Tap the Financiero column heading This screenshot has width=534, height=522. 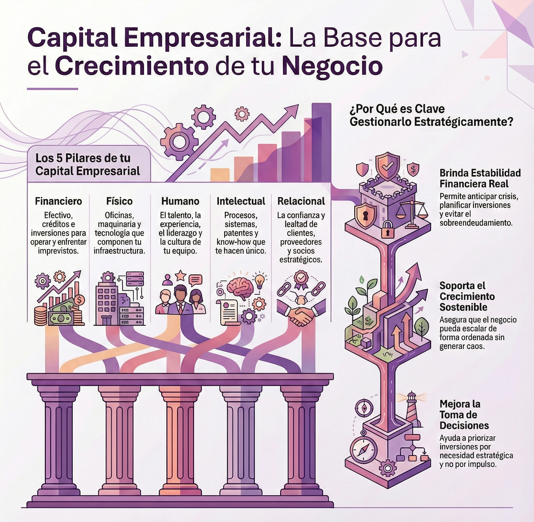pyautogui.click(x=58, y=201)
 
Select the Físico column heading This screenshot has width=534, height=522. pyautogui.click(x=119, y=201)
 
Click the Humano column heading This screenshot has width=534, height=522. pyautogui.click(x=180, y=201)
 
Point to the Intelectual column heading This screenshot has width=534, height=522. pyautogui.click(x=241, y=201)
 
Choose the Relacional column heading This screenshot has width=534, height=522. pyautogui.click(x=301, y=201)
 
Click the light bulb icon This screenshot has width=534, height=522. pyautogui.click(x=259, y=280)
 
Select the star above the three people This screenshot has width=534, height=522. pyautogui.click(x=180, y=275)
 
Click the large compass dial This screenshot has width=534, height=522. pyautogui.click(x=363, y=450)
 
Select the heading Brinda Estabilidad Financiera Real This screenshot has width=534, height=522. pyautogui.click(x=480, y=178)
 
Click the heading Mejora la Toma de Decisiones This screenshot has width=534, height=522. pyautogui.click(x=464, y=415)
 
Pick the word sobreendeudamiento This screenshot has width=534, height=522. pyautogui.click(x=476, y=223)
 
